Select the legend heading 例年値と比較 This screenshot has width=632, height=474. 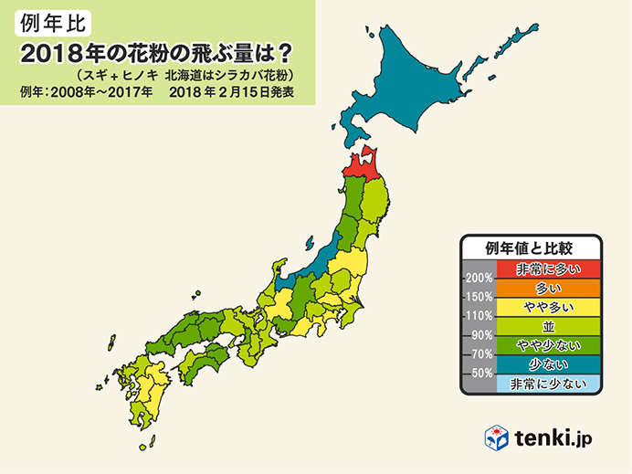pyautogui.click(x=530, y=248)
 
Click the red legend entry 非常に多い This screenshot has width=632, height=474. pyautogui.click(x=547, y=269)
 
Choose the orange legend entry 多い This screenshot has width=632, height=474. pyautogui.click(x=547, y=288)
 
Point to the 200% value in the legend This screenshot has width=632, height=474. pyautogui.click(x=479, y=279)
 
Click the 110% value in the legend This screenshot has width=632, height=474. pyautogui.click(x=479, y=316)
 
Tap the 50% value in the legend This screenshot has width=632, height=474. pyautogui.click(x=481, y=374)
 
